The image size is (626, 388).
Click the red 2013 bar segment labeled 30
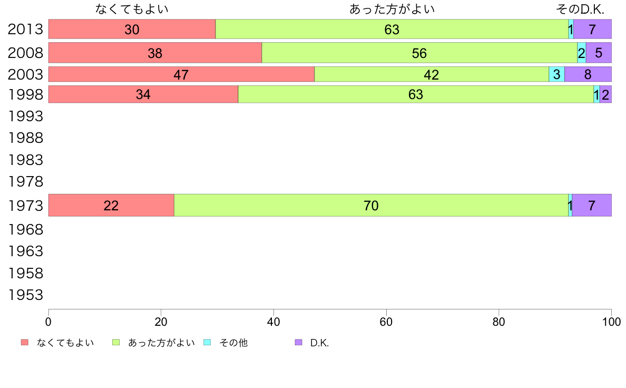132,30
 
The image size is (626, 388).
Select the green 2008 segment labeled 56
419,53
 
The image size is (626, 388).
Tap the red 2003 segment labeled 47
181,74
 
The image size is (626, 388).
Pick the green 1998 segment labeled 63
416,94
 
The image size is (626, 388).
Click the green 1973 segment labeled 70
371,206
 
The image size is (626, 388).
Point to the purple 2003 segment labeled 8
588,74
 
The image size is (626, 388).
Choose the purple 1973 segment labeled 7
591,206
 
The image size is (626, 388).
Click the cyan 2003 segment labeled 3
556,74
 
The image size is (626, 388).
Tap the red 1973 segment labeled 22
111,206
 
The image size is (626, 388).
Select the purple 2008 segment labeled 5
598,53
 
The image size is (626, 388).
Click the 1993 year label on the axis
25,115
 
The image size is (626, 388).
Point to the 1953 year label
25,295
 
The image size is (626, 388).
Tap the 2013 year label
25,30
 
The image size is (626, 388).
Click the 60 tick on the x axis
386,321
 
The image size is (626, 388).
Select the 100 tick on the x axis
611,321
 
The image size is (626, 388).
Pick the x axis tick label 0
48,321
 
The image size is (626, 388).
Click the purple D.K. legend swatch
299,343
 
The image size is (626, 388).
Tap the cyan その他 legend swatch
207,343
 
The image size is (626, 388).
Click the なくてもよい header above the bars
132,9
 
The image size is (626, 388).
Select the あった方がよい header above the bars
392,9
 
